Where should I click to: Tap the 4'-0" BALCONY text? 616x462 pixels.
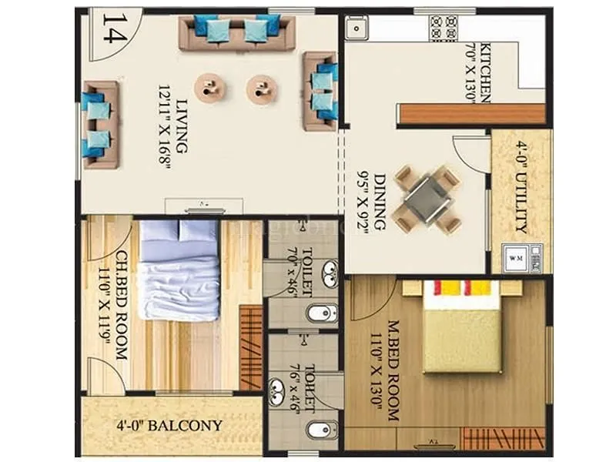click(x=169, y=425)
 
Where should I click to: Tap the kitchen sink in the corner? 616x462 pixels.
click(x=357, y=28)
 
